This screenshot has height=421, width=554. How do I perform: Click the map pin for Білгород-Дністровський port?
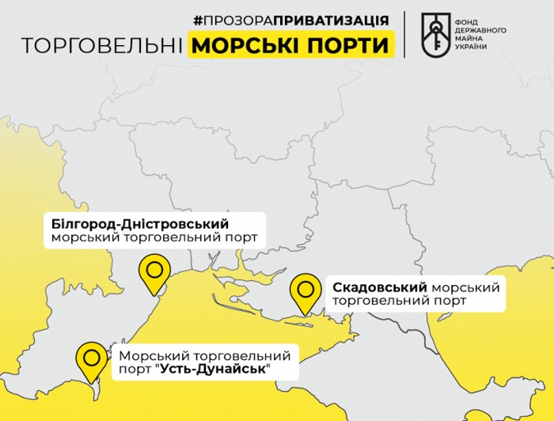click(154, 271)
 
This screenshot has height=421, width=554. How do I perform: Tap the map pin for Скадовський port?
click(305, 291)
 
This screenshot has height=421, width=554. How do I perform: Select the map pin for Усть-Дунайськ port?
click(92, 358)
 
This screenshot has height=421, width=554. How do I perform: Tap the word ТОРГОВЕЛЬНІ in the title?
click(101, 46)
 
